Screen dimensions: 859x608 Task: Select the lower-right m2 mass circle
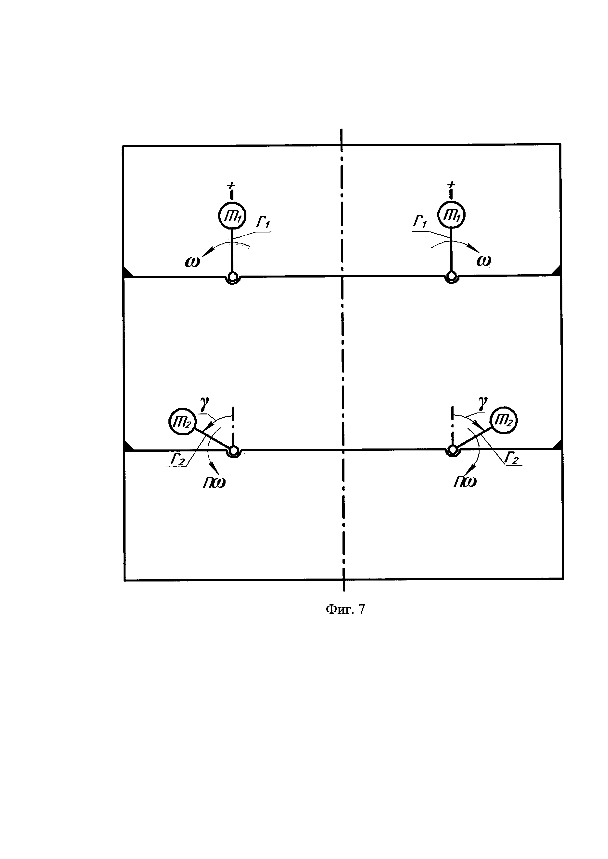(504, 421)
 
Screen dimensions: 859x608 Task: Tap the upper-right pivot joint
(452, 277)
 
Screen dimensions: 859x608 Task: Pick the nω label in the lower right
(465, 482)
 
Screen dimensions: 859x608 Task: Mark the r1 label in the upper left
(263, 224)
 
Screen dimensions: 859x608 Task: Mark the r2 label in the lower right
(512, 458)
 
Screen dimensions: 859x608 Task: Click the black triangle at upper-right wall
(557, 271)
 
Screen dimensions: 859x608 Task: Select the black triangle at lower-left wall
(128, 446)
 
